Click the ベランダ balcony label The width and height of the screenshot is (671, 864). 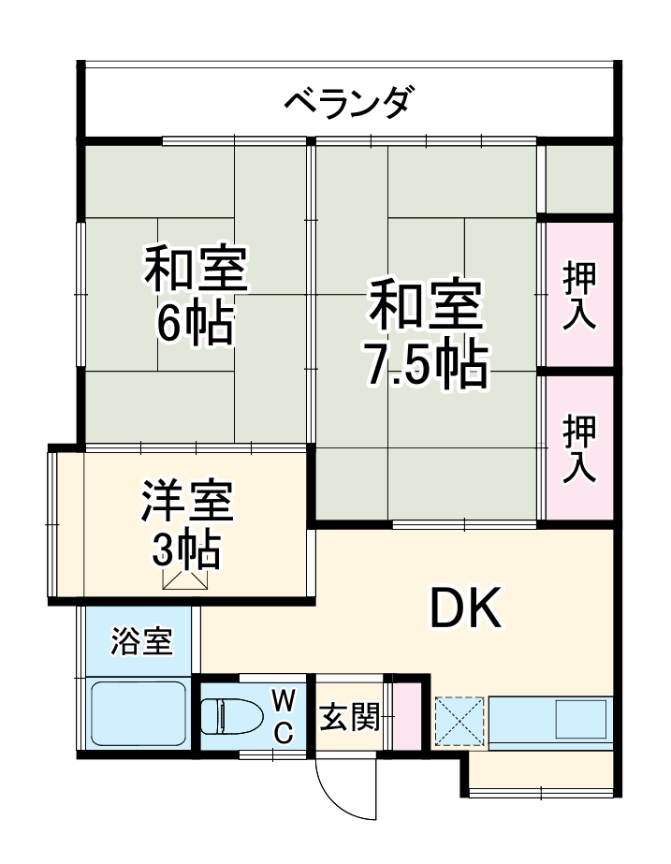coord(347,100)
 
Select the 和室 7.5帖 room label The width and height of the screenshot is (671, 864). coord(426,334)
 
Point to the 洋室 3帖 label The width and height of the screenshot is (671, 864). coord(185,524)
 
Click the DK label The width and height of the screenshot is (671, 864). coord(466,609)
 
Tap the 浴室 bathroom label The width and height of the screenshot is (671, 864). coord(140,643)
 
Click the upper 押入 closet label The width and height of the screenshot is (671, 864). coord(579,295)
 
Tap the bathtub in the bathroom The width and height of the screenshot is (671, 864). coord(139,713)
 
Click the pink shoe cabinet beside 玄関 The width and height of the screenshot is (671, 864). coord(406,717)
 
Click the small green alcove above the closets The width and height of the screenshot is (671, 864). coord(579,178)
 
